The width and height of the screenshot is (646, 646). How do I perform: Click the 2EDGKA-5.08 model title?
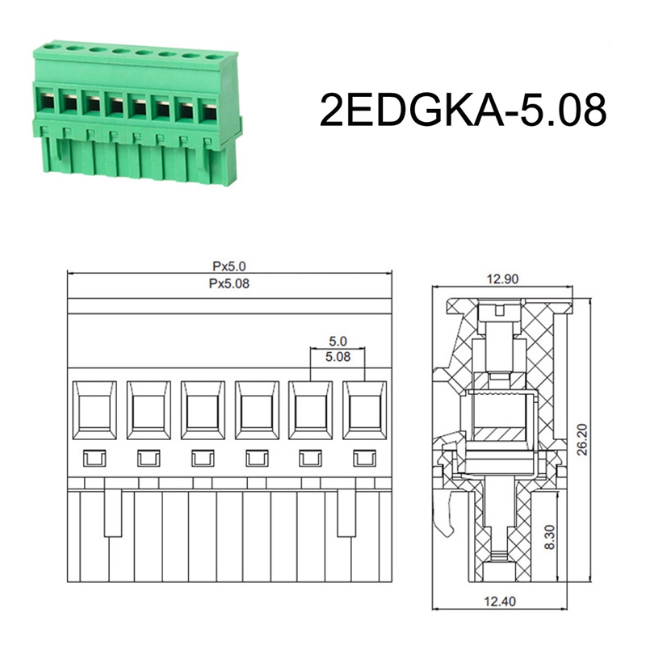(463, 110)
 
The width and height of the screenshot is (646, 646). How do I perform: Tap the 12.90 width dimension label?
(502, 279)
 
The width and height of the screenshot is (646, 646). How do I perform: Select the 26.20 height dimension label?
(581, 439)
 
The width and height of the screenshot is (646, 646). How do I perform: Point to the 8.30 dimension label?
(550, 537)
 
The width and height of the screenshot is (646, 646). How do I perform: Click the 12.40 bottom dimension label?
(499, 602)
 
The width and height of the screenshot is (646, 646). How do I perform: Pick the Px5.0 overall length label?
(229, 266)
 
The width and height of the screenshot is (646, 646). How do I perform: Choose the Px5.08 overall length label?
(229, 283)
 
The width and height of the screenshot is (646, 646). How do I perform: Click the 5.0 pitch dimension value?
(338, 341)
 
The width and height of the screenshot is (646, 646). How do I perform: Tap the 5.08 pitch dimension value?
(338, 356)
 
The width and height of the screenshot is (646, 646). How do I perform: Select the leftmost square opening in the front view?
(94, 410)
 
